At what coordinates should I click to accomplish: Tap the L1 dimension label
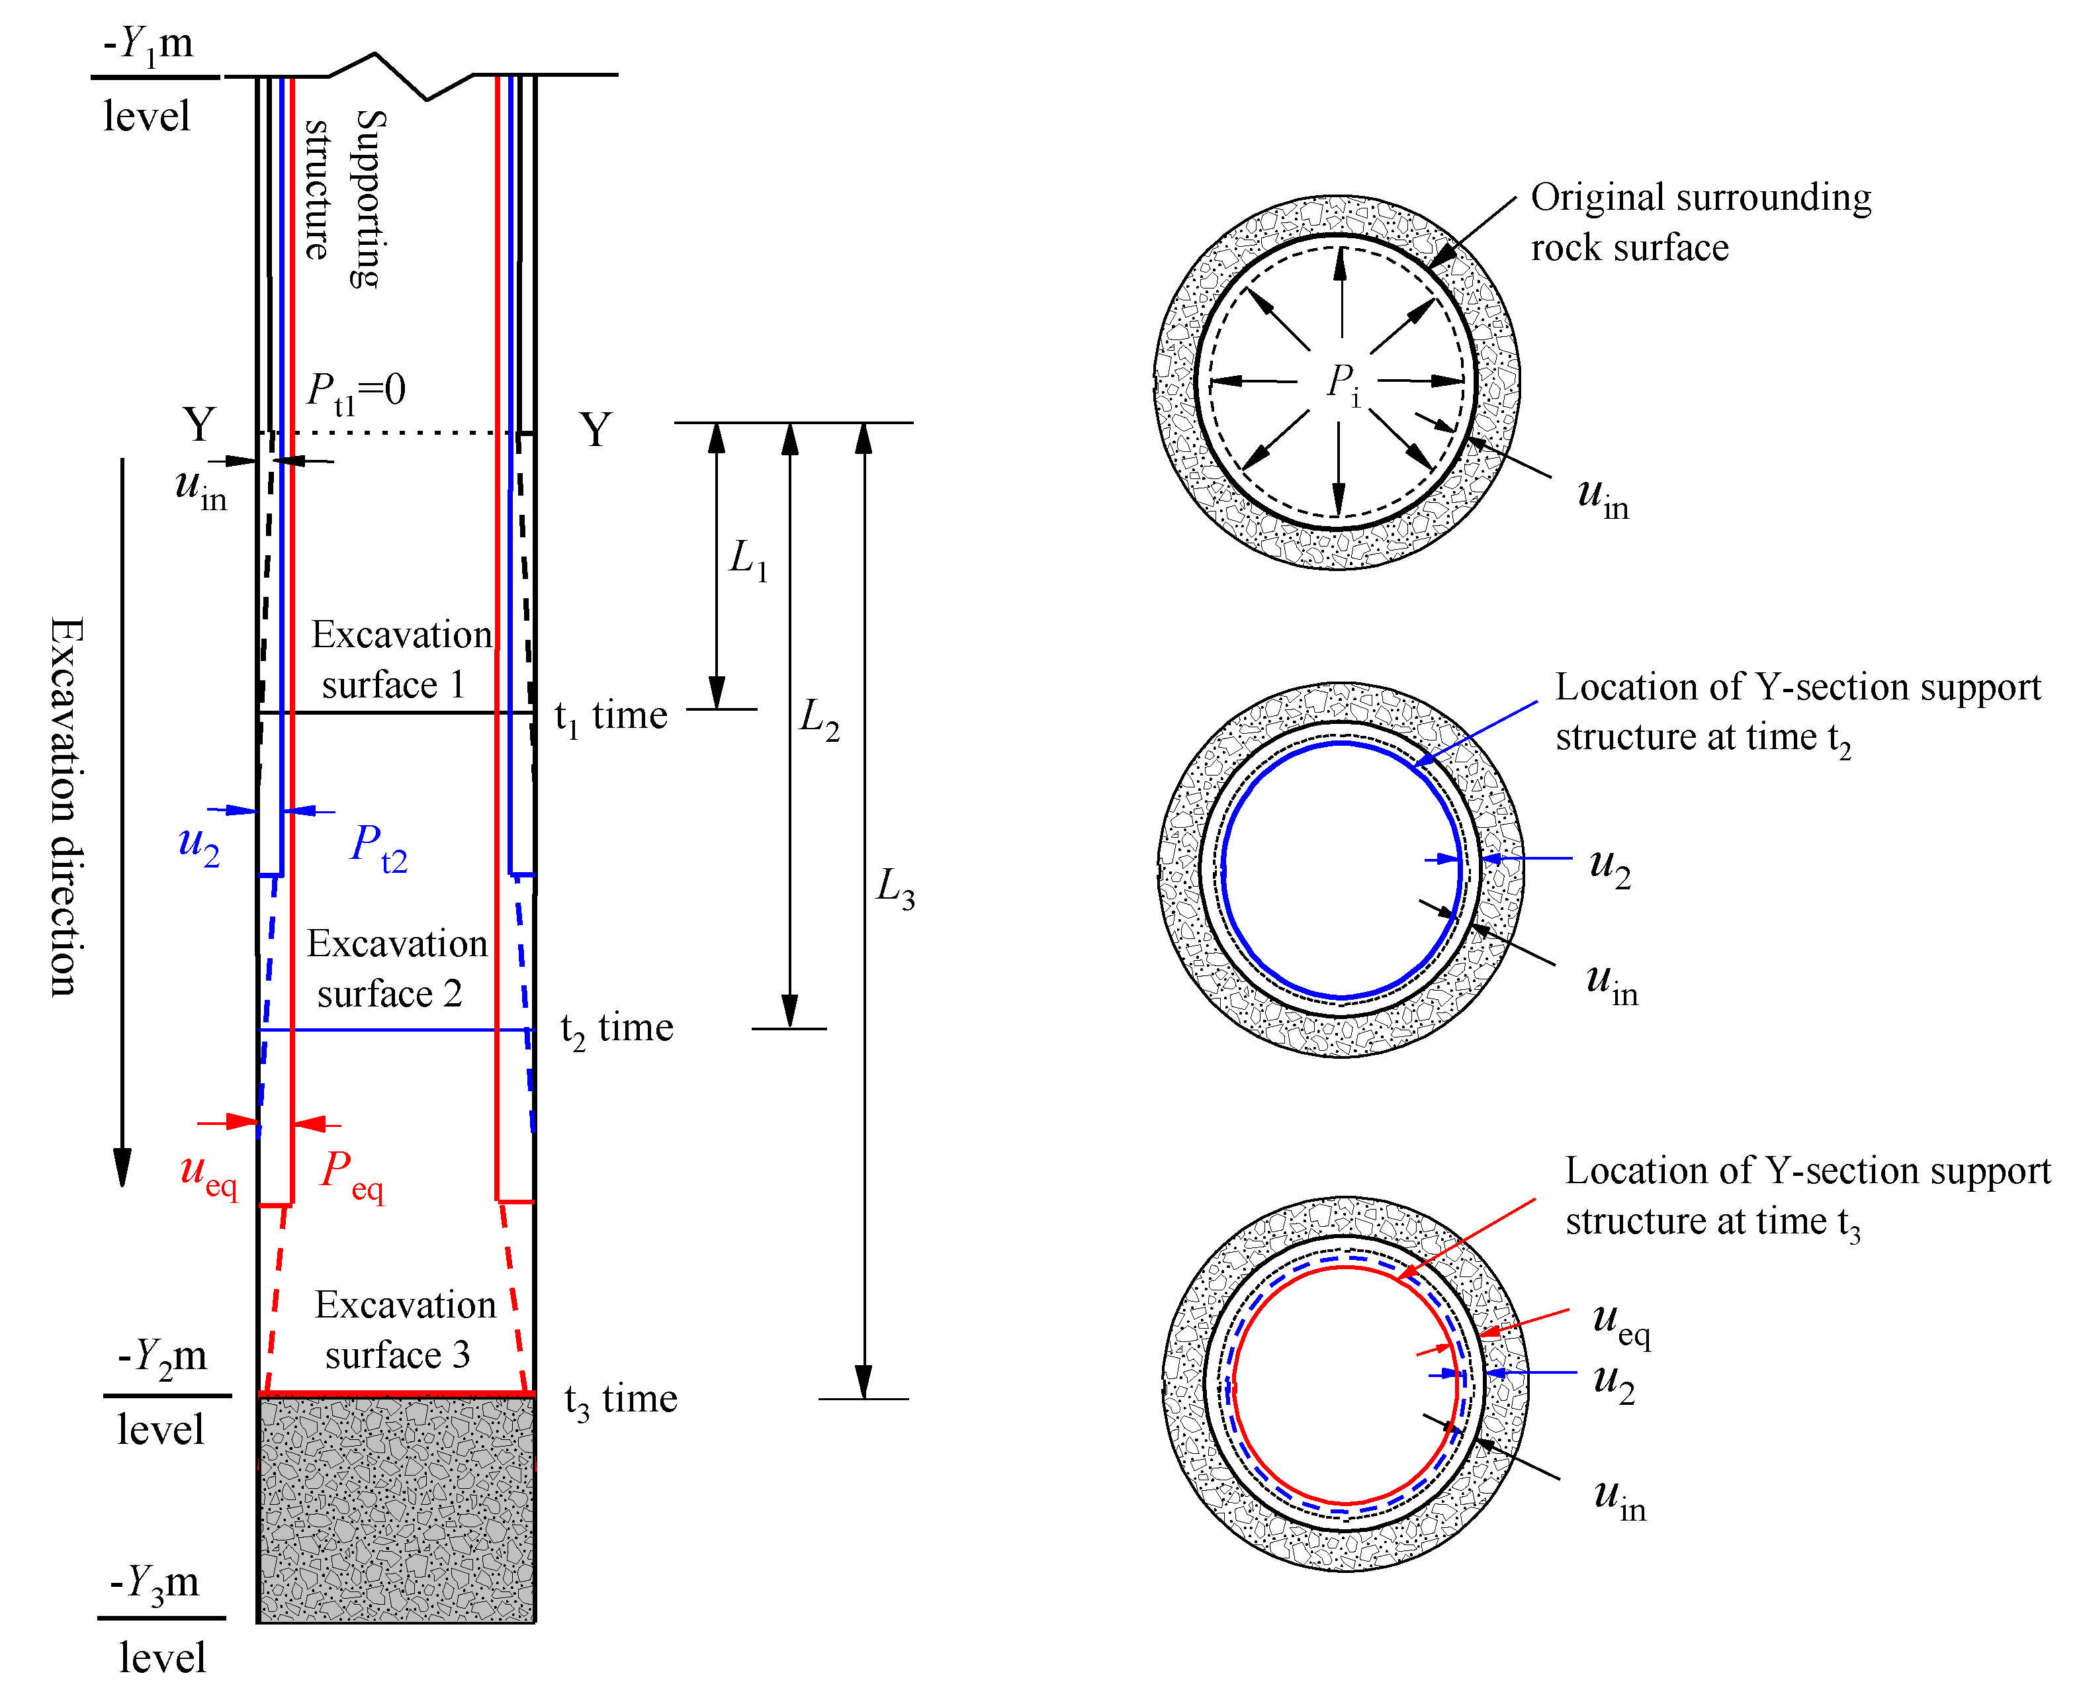(748, 560)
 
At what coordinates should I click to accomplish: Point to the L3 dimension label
(895, 888)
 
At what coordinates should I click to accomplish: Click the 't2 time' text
(617, 1030)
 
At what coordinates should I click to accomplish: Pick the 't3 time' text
(621, 1401)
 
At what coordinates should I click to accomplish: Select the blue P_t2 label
(378, 847)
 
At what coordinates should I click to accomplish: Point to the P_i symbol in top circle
(1343, 383)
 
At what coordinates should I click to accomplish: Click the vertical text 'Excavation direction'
(66, 806)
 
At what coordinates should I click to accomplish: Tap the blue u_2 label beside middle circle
(1609, 868)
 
